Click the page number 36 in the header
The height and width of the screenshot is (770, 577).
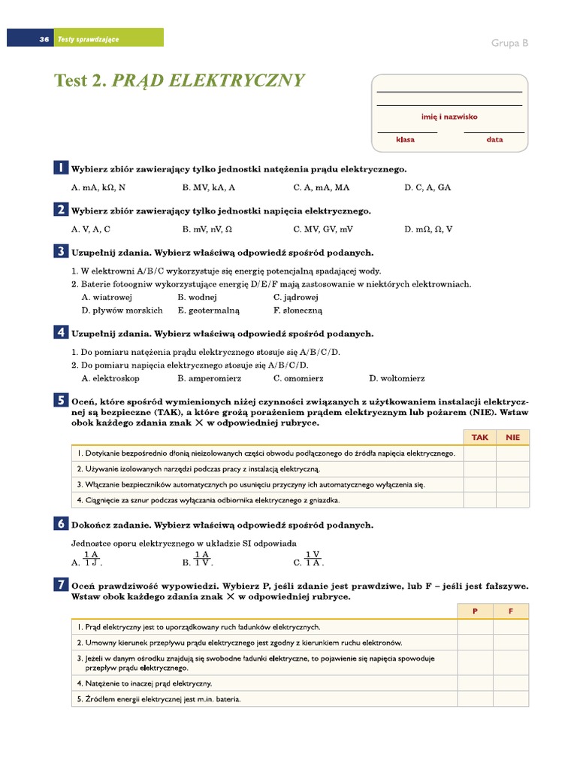click(44, 39)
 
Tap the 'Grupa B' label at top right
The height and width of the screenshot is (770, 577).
click(509, 43)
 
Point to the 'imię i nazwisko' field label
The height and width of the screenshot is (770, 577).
click(449, 117)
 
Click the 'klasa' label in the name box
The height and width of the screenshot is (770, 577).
click(406, 140)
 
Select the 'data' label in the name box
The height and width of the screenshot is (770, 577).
click(494, 140)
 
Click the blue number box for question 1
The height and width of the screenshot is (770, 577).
click(61, 168)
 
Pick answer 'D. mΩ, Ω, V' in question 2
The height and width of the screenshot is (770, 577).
click(428, 229)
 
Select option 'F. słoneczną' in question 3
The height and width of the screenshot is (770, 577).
click(298, 310)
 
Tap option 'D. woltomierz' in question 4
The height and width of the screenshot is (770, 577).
click(397, 378)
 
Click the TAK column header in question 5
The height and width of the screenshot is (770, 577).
click(479, 437)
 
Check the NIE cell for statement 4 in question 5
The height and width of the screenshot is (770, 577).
click(512, 500)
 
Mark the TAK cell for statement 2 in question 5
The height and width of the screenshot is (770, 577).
click(479, 469)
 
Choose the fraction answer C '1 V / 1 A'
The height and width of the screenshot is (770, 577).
click(309, 559)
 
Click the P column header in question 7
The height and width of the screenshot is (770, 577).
click(475, 611)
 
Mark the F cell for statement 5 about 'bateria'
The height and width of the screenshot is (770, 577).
click(511, 699)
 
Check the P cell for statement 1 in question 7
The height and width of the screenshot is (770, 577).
click(475, 626)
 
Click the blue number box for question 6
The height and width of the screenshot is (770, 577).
click(61, 523)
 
